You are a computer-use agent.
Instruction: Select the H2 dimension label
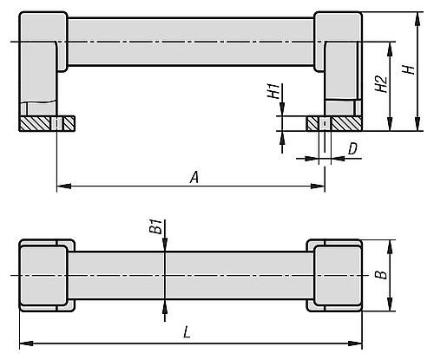pyautogui.click(x=378, y=83)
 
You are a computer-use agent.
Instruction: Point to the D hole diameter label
pyautogui.click(x=352, y=149)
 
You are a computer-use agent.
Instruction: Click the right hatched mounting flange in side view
pyautogui.click(x=334, y=124)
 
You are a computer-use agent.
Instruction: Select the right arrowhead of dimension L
pyautogui.click(x=356, y=343)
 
